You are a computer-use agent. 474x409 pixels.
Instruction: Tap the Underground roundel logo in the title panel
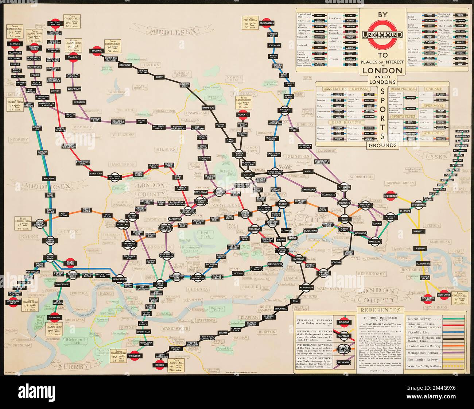coord(382,35)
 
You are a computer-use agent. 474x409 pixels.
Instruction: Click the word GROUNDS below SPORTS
coord(382,145)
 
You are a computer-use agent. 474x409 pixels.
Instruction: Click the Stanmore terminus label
coord(73,57)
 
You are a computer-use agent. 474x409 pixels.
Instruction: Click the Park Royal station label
coord(50,196)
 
